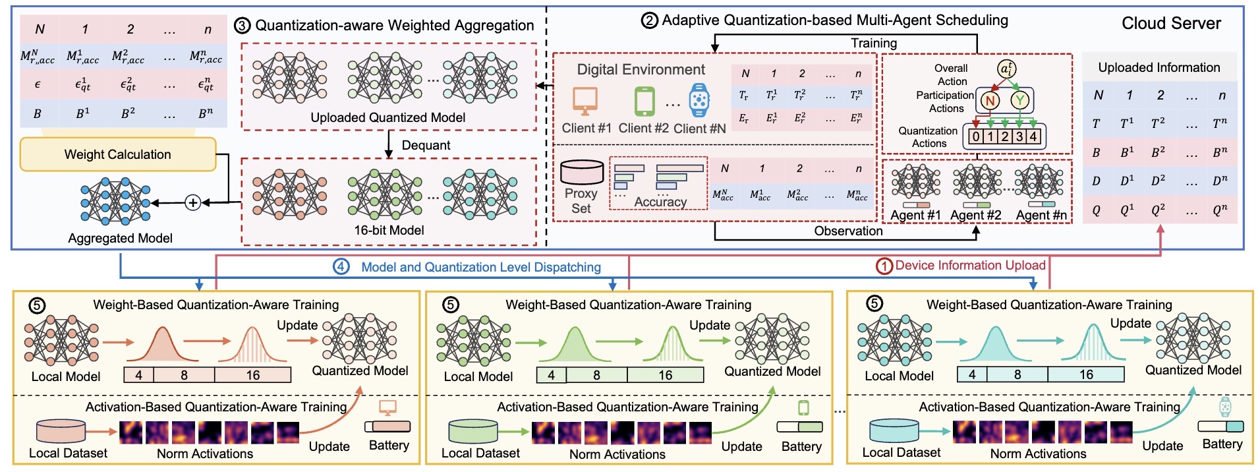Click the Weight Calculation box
pyautogui.click(x=118, y=154)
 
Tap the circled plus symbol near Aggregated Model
pyautogui.click(x=192, y=202)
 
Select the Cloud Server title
pyautogui.click(x=1171, y=24)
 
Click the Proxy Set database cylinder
pyautogui.click(x=581, y=172)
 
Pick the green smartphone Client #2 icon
pyautogui.click(x=644, y=102)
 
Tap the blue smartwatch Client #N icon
pyautogui.click(x=699, y=100)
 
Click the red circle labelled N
pyautogui.click(x=990, y=100)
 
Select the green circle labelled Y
pyautogui.click(x=1020, y=100)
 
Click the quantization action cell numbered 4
pyautogui.click(x=1033, y=136)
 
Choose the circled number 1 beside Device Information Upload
pyautogui.click(x=884, y=266)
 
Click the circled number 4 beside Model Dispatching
pyautogui.click(x=341, y=267)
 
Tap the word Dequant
pyautogui.click(x=426, y=145)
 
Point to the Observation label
pyautogui.click(x=848, y=231)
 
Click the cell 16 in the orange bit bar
pyautogui.click(x=253, y=375)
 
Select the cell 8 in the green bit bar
pyautogui.click(x=596, y=375)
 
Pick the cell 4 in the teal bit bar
pyautogui.click(x=972, y=374)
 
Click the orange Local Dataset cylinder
pyautogui.click(x=61, y=431)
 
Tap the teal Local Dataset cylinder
pyautogui.click(x=894, y=430)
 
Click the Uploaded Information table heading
pyautogui.click(x=1159, y=67)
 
